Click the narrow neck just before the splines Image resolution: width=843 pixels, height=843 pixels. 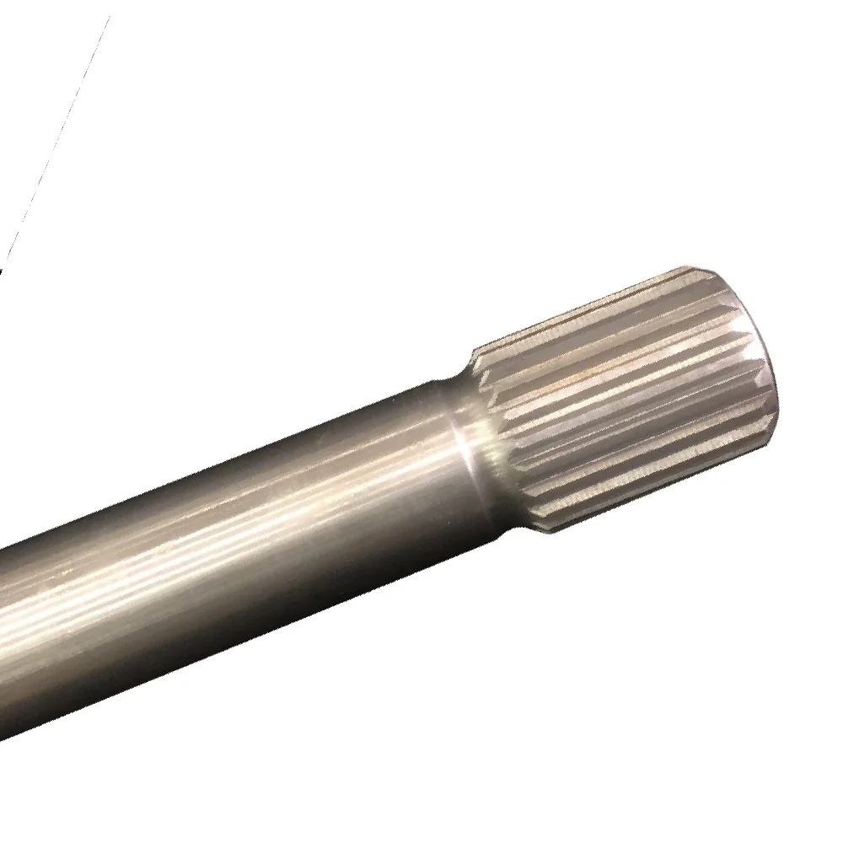pos(451,421)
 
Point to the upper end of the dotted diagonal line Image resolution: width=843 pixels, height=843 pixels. pos(110,17)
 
